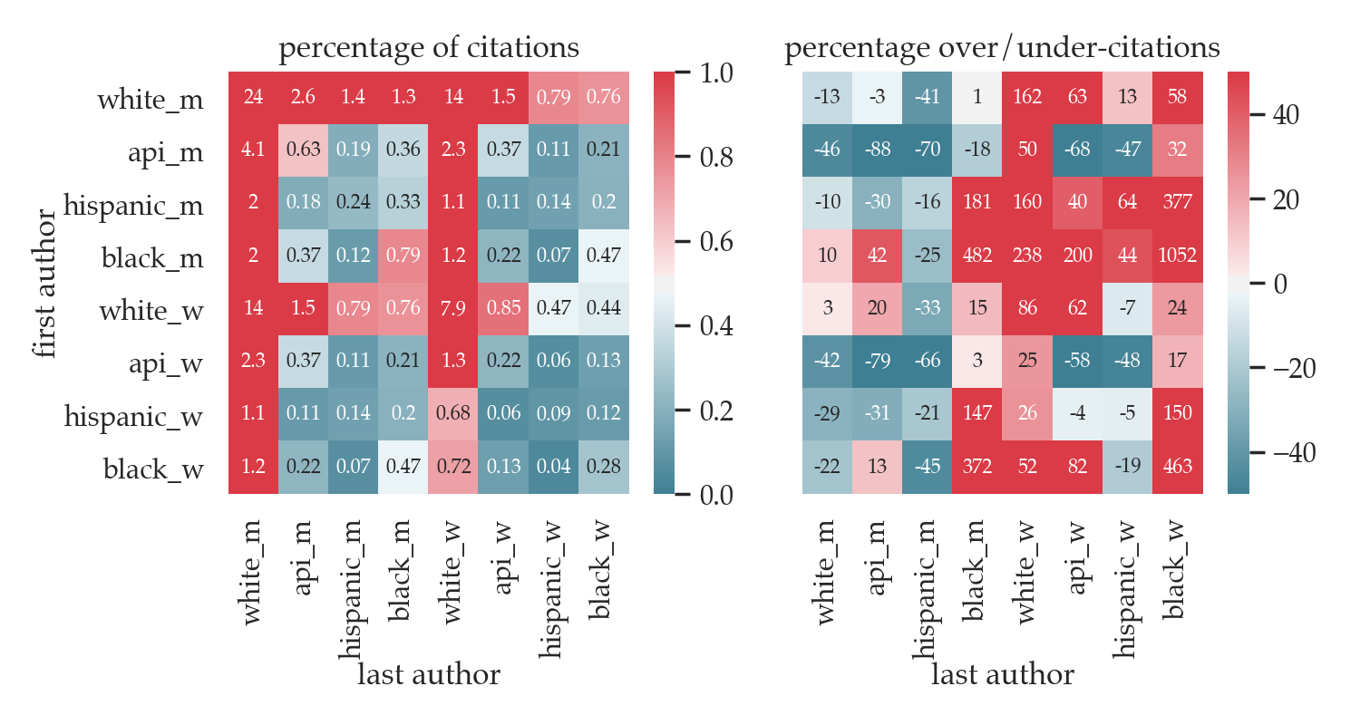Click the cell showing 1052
click(x=1178, y=256)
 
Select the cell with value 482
click(x=977, y=256)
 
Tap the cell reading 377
click(x=1178, y=204)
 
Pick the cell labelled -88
click(x=877, y=151)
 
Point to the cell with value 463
click(x=1178, y=468)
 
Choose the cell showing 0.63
click(x=304, y=151)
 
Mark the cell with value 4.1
click(x=253, y=151)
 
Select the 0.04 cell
click(x=554, y=468)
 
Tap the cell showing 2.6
click(x=304, y=98)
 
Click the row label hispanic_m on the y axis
click(x=133, y=206)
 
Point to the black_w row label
click(x=153, y=469)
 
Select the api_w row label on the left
click(x=165, y=364)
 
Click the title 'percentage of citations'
click(x=429, y=48)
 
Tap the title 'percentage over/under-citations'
click(x=1002, y=48)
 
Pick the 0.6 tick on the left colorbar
click(x=715, y=241)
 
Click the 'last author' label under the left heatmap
click(x=429, y=674)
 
